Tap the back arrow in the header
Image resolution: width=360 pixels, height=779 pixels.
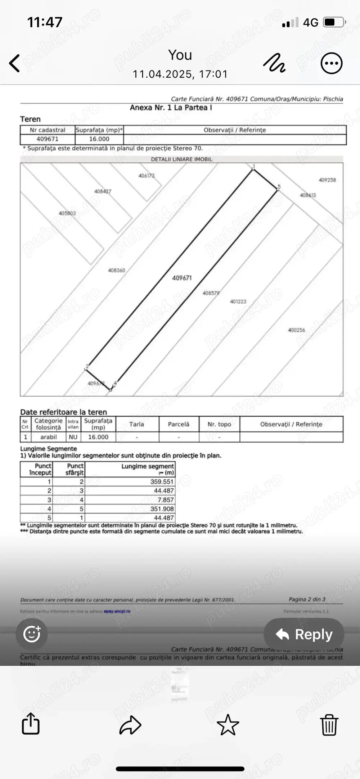coord(15,63)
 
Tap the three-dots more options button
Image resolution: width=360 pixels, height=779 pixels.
coord(331,63)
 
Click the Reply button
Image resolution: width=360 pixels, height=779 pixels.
coord(304,634)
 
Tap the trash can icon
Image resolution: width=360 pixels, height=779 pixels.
coord(329,724)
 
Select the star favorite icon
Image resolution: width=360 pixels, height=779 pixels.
coord(228,724)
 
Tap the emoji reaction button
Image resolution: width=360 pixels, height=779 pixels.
coord(32,634)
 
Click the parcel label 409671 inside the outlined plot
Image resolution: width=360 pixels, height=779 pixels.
coord(182,278)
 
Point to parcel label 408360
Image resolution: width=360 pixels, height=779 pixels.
coord(117,270)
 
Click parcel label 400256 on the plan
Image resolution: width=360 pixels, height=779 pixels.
coord(296,330)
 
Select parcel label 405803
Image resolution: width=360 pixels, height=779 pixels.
coord(67,213)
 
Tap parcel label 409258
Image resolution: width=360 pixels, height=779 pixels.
coord(327,180)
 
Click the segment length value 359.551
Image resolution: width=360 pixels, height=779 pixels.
coord(162,482)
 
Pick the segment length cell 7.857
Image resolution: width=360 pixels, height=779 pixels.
coord(166,500)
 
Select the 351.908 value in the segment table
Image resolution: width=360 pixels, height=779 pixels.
coord(162,509)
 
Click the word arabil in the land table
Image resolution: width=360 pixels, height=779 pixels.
coord(49,437)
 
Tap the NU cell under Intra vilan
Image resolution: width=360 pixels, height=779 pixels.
coord(73,437)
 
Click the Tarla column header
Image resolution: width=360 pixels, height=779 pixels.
coord(137,424)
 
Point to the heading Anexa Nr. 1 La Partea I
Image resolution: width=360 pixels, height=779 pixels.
coord(171,108)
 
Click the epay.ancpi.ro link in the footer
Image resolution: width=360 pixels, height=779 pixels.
coord(117,611)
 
